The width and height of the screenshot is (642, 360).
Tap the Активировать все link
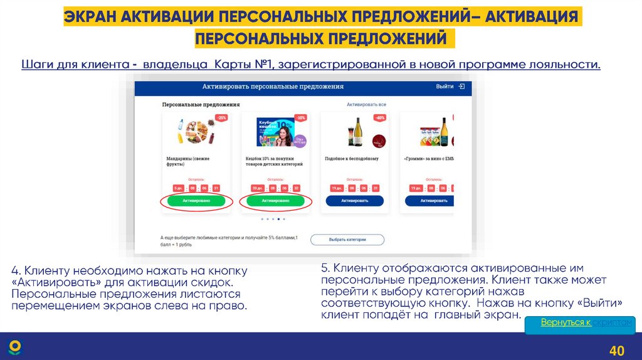[366, 104]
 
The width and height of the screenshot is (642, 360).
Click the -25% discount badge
[222, 118]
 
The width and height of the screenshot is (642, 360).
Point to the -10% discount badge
[301, 118]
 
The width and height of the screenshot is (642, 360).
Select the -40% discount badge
[380, 118]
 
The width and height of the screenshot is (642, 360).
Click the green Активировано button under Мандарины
[196, 201]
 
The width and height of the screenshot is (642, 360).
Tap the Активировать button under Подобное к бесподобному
[354, 201]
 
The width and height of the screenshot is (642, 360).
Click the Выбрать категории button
[347, 240]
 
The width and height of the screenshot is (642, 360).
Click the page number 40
[617, 350]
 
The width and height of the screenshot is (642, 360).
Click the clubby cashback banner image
[276, 132]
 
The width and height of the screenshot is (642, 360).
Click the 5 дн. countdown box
[177, 188]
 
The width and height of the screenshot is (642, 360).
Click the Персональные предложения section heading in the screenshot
[201, 104]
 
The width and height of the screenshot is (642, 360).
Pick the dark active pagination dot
[278, 220]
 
